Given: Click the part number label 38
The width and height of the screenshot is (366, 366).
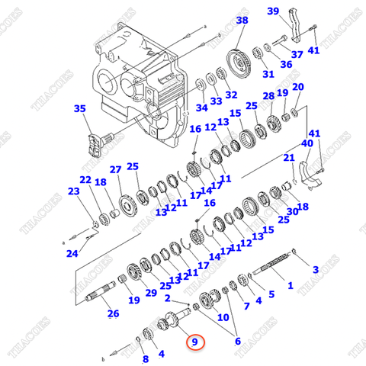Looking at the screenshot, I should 242,21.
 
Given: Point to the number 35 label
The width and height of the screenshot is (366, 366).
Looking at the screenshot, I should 80,109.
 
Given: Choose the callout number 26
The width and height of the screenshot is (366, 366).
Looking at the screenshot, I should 113,313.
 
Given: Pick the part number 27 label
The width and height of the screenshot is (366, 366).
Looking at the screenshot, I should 115,169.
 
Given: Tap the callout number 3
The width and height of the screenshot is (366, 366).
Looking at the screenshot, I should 315,270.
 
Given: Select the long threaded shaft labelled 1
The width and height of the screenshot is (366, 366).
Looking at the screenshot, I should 274,269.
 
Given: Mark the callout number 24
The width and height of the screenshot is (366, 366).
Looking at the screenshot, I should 72,253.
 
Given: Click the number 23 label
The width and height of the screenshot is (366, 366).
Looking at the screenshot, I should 73,191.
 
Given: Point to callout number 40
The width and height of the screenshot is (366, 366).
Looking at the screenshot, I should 307,143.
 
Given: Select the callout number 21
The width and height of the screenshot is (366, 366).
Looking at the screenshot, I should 289,158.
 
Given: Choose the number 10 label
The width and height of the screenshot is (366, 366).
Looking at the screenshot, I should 223,316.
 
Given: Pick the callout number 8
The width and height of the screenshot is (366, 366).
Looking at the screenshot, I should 144,358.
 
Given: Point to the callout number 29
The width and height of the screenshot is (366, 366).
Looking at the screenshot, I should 150,292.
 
